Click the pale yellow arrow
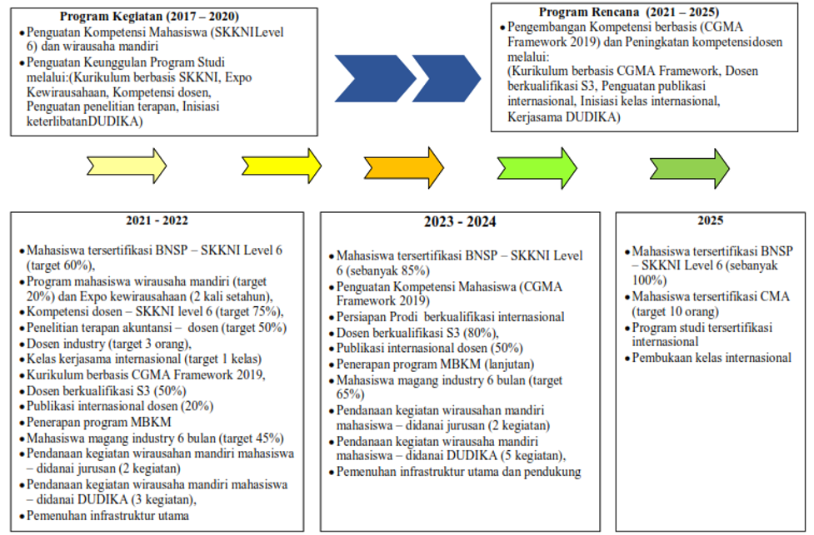pos(127,166)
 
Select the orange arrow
pos(404,167)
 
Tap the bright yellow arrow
pos(282,166)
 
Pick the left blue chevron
pos(375,78)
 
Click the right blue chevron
pos(447,78)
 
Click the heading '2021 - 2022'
pos(157,220)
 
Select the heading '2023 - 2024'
pos(460,222)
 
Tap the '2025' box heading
pos(710,220)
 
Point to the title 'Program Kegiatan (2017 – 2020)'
pos(149,17)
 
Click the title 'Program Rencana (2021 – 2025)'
pos(629,12)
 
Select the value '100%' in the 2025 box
pos(649,280)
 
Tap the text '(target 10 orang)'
pos(676,311)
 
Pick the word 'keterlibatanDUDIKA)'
pos(85,121)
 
